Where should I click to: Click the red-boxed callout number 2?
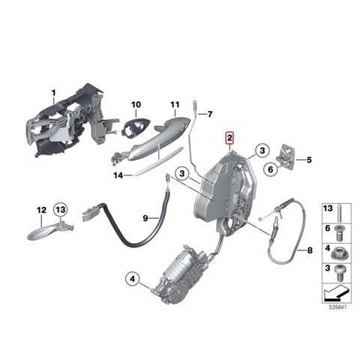pos(229,138)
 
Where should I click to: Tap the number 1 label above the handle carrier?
pos(53,94)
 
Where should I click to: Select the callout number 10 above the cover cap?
pos(136,104)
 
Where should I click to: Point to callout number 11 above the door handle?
pos(175,104)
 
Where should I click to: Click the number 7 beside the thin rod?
pos(210,114)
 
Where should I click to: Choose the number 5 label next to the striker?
pos(309,160)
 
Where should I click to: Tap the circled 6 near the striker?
pos(271,169)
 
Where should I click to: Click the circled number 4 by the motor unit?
pos(133,278)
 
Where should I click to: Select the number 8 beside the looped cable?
pos(310,250)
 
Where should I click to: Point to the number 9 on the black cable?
pos(145,218)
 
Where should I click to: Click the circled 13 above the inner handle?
pos(61,209)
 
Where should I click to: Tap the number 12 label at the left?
pos(41,210)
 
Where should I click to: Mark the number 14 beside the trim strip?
pos(118,175)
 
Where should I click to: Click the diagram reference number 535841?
pos(337,307)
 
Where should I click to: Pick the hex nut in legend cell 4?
pos(339,253)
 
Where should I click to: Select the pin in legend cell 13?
pos(339,214)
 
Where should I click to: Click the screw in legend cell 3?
pos(339,273)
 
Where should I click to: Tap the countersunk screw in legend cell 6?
pos(339,233)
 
